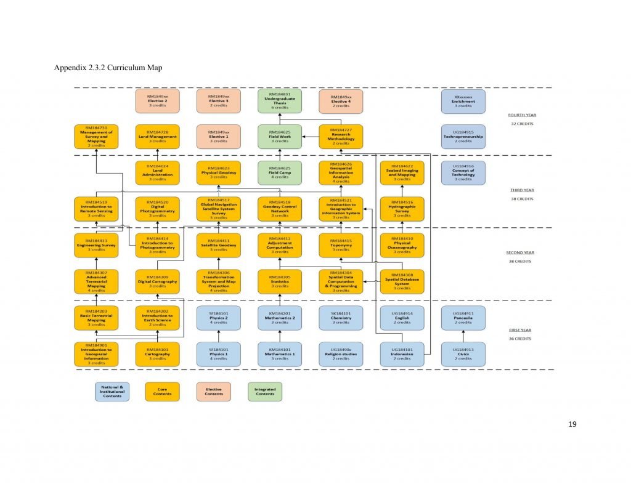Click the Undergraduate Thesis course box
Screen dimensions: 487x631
click(x=280, y=101)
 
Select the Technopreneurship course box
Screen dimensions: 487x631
click(x=463, y=137)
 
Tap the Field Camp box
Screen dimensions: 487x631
click(x=280, y=173)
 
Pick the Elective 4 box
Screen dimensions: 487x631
click(x=341, y=101)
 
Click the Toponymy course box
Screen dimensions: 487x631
click(x=341, y=245)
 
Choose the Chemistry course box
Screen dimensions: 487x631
click(x=341, y=318)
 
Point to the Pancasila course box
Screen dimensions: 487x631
click(x=463, y=318)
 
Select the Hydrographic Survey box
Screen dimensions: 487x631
click(x=402, y=209)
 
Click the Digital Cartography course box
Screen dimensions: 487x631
click(x=157, y=281)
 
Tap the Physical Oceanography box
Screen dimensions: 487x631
click(x=402, y=245)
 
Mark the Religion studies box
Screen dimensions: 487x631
click(x=341, y=354)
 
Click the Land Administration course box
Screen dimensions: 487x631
click(x=157, y=173)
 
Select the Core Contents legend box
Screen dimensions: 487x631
click(x=163, y=392)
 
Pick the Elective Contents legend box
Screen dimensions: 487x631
click(x=214, y=392)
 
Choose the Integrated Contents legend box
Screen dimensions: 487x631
click(x=265, y=392)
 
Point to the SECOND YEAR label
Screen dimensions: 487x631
click(x=519, y=252)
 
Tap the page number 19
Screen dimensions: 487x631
click(x=574, y=424)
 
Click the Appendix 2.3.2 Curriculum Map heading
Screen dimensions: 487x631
click(x=108, y=68)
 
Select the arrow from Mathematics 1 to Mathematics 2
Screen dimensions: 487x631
click(x=280, y=336)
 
